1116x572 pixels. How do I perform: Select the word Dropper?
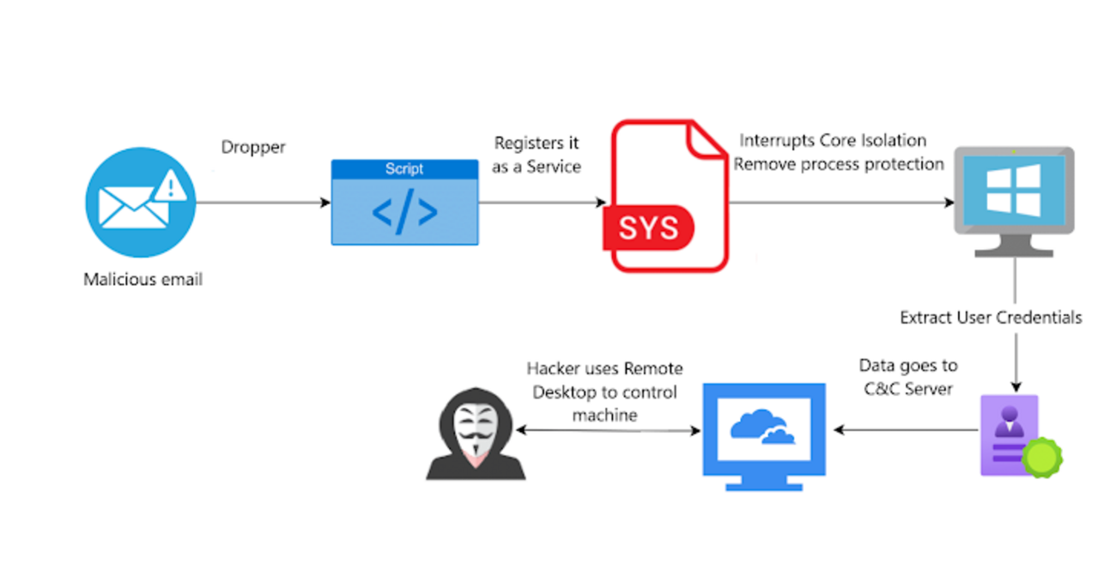point(253,147)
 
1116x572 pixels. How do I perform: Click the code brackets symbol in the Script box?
point(404,212)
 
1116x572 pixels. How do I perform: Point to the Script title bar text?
point(404,168)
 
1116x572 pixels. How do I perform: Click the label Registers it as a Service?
point(536,155)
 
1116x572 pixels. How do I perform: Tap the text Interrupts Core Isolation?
point(834,140)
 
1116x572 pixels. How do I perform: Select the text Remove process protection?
point(839,163)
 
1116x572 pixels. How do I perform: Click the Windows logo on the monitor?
point(1013,190)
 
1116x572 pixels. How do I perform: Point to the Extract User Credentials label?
point(991,318)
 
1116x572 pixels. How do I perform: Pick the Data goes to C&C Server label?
point(908,377)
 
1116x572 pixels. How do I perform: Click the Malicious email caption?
point(143,279)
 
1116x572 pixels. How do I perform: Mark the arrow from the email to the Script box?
point(263,203)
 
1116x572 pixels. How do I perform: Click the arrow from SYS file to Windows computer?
point(841,203)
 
